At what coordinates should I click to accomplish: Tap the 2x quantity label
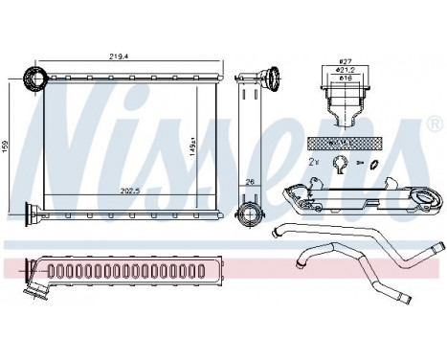pyautogui.click(x=314, y=163)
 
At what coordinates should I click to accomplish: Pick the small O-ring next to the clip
pyautogui.click(x=373, y=165)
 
